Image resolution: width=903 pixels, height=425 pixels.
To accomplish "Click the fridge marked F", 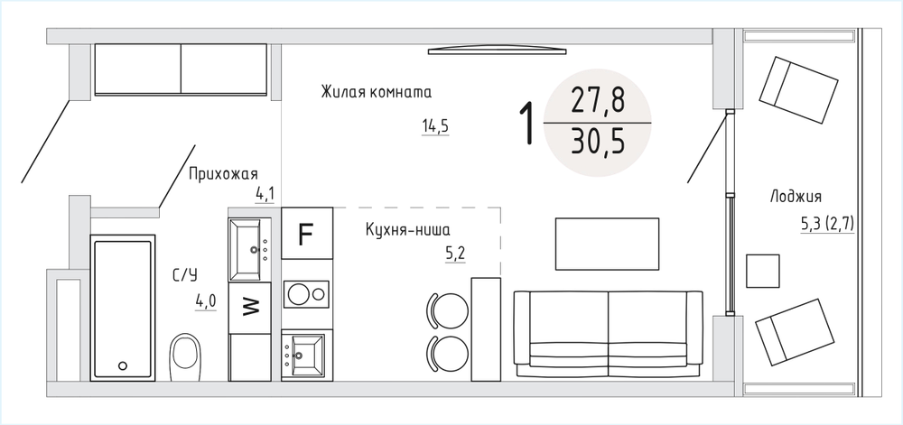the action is (306, 233).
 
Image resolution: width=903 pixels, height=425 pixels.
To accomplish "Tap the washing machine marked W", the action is (249, 308).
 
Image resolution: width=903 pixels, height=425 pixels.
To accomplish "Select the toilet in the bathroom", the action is (185, 357).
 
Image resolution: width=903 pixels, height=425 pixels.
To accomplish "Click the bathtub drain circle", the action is (123, 365).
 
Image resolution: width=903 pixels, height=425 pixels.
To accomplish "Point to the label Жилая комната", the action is (377, 92).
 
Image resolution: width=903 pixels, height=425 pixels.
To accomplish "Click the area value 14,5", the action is (435, 126).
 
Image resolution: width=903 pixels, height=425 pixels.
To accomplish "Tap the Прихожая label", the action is (223, 174).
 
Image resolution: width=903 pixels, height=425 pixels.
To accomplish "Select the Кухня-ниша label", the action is (408, 229).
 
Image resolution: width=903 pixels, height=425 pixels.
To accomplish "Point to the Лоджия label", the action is (796, 197).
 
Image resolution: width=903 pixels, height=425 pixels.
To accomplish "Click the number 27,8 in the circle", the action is (598, 101).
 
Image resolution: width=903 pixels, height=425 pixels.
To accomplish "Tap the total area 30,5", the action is (598, 142).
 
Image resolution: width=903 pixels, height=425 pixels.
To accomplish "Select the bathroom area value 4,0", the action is (206, 301).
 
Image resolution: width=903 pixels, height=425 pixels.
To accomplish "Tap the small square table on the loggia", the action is (762, 271).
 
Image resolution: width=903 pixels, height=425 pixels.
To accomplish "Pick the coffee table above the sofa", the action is (607, 244).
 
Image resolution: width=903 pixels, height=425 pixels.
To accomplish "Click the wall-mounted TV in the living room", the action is (498, 51).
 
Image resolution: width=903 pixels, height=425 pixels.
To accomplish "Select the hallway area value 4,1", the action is (265, 194).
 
